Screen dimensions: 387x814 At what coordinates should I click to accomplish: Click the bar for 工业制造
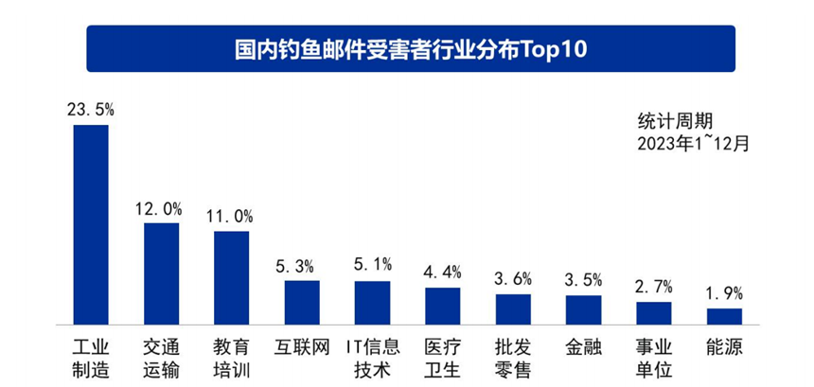(x=91, y=223)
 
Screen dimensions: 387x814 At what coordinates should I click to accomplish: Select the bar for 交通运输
(x=161, y=273)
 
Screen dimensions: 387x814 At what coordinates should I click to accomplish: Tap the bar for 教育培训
(x=231, y=276)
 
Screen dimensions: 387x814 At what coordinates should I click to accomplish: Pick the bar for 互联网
(x=302, y=301)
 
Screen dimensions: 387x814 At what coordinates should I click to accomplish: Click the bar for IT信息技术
(x=372, y=302)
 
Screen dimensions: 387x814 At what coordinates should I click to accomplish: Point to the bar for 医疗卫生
(x=442, y=305)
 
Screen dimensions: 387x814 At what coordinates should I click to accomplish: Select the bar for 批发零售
(x=513, y=308)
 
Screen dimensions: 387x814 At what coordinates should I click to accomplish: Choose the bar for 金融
(x=583, y=308)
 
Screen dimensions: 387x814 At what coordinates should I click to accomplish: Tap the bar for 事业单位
(x=653, y=311)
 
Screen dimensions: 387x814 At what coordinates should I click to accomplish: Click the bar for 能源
(x=724, y=315)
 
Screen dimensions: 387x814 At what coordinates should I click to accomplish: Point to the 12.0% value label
(x=161, y=208)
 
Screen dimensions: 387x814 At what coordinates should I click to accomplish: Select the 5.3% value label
(x=302, y=266)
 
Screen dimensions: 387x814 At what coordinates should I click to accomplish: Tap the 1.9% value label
(x=724, y=293)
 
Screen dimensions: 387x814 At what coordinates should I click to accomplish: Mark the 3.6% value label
(x=513, y=279)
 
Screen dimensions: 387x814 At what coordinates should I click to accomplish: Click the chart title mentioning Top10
(x=410, y=48)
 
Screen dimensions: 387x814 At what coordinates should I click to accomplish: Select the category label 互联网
(x=302, y=346)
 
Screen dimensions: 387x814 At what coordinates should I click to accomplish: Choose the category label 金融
(x=583, y=346)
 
